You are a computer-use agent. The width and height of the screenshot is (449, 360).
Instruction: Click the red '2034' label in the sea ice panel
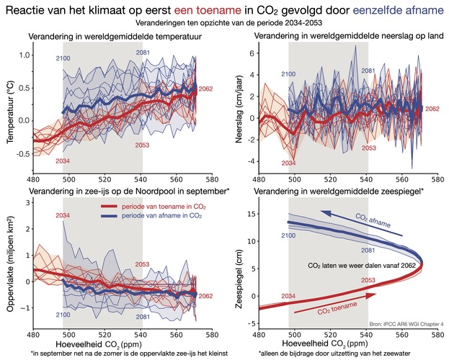(63, 215)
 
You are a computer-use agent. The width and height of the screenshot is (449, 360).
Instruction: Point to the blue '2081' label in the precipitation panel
(368, 71)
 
